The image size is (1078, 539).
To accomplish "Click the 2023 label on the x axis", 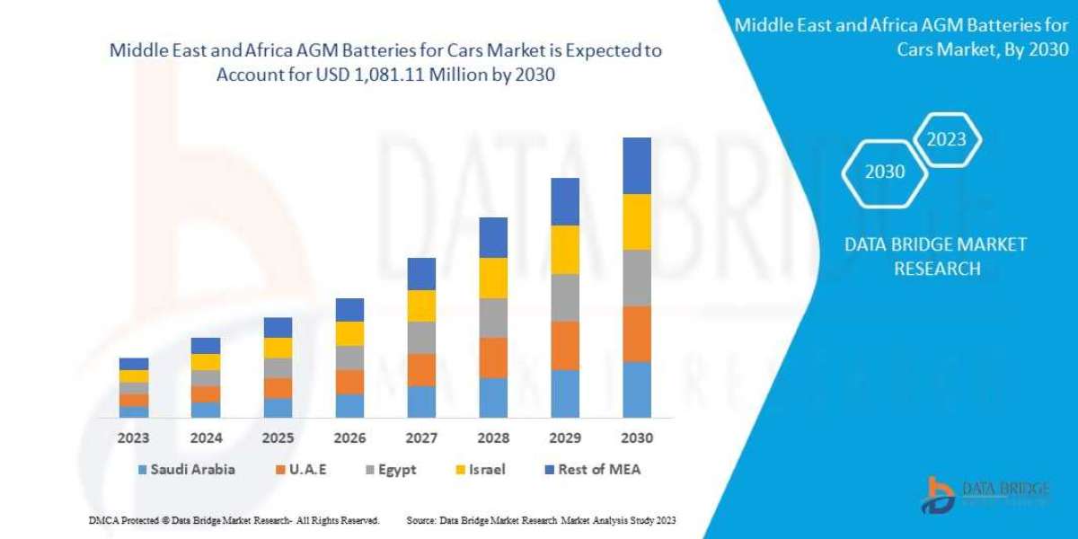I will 133,438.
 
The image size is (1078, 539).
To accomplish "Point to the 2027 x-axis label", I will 421,438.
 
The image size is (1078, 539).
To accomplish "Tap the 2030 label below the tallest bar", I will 636,438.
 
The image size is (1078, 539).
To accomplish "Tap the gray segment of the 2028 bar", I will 493,317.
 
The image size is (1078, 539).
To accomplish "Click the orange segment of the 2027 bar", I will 421,369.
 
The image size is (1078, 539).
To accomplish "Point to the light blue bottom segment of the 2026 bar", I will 349,405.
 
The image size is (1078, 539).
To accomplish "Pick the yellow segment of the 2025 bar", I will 278,348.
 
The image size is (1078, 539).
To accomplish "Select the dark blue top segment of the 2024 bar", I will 206,345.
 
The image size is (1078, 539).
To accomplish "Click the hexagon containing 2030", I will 885,172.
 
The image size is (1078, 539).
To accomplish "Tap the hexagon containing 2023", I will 946,139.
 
